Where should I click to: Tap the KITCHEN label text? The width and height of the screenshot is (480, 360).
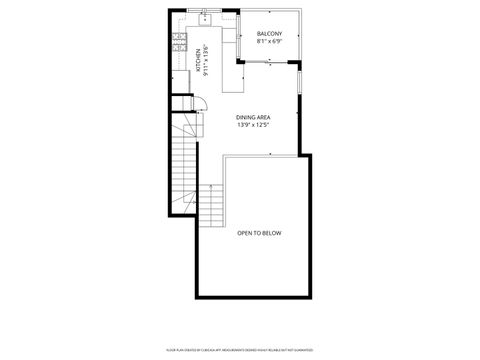197,63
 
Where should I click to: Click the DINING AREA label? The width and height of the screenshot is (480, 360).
253,117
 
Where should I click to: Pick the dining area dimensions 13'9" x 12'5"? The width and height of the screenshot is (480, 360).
253,125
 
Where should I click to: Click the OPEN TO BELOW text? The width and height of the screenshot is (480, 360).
259,233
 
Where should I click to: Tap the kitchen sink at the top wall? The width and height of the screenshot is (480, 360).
203,18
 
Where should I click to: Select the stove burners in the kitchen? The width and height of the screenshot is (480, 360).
178,41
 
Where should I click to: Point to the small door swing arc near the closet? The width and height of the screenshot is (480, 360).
199,104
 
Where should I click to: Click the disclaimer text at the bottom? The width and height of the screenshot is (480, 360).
240,350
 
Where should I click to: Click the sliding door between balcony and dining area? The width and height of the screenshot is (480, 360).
268,62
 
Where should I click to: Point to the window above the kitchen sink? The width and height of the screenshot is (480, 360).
205,10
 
